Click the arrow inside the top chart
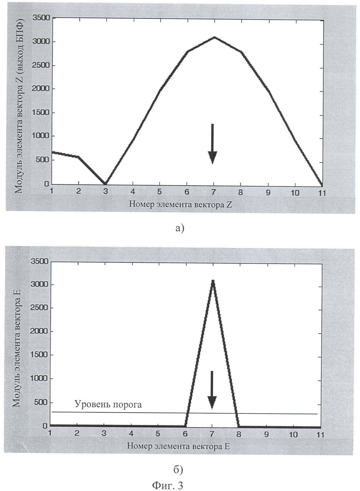tap(212, 144)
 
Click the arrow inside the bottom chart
tap(212, 390)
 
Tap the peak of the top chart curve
tap(214, 37)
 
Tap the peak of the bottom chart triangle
tap(213, 281)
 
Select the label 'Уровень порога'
tap(108, 404)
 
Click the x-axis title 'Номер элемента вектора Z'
tap(180, 204)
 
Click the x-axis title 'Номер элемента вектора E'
tap(179, 446)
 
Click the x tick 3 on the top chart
tap(105, 192)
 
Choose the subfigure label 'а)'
tap(180, 229)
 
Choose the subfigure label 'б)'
tap(178, 470)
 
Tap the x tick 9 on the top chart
tap(268, 192)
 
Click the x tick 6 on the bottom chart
tap(185, 434)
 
